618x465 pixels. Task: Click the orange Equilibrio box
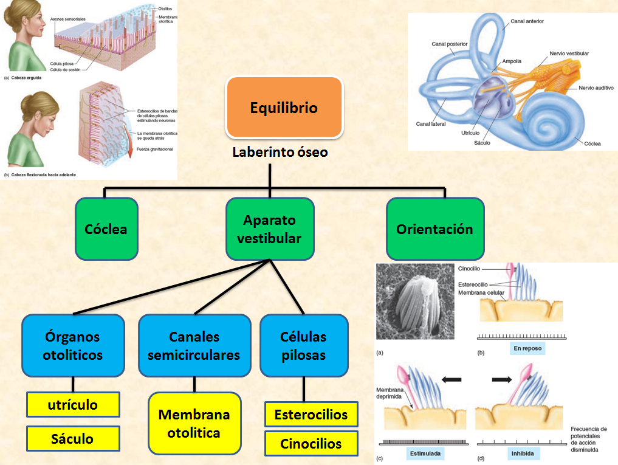284,108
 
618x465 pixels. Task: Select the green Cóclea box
106,229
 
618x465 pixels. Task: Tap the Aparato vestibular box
270,229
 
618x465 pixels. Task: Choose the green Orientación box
435,229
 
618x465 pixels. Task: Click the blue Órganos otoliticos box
73,345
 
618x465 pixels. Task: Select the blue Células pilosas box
304,345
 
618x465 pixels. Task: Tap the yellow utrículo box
73,404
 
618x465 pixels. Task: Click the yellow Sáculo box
73,438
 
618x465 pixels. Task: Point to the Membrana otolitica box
194,424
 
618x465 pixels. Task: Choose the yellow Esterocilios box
311,415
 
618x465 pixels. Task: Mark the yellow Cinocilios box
311,444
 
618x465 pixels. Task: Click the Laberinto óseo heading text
280,152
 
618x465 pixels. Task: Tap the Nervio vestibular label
569,53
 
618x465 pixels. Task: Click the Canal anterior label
527,21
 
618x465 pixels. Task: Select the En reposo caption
527,348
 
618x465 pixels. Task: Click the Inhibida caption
523,453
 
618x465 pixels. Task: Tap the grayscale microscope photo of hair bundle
415,301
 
